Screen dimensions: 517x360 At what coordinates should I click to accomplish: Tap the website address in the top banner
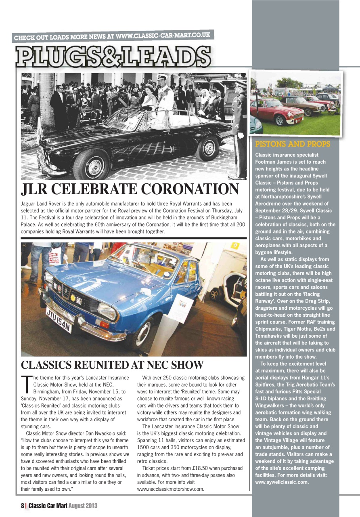163,36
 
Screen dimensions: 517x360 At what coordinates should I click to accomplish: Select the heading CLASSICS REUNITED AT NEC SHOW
112,365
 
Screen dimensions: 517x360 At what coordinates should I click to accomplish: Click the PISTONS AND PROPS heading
293,144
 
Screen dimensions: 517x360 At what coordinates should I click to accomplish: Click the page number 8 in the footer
23,505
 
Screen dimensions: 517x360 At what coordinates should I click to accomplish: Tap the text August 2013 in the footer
83,505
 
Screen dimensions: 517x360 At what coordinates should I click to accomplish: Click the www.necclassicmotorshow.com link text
170,489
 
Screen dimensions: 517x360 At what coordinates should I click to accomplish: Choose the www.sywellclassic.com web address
282,482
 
